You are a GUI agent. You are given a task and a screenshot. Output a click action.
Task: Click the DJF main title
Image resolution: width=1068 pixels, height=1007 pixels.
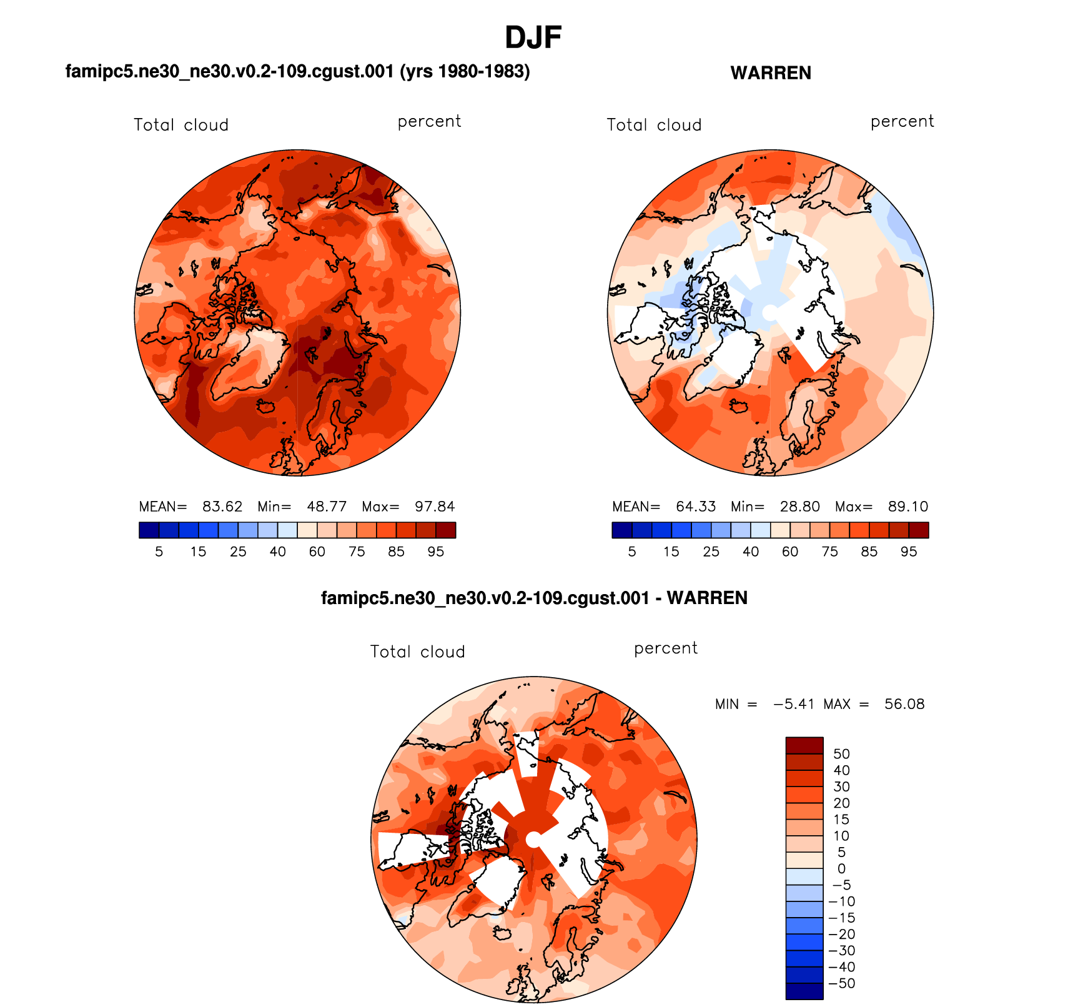click(x=533, y=38)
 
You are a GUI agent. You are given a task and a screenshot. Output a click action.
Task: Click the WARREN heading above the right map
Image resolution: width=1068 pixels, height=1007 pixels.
click(x=771, y=73)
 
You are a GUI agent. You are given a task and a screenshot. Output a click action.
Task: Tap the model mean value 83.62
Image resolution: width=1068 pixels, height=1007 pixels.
click(x=222, y=507)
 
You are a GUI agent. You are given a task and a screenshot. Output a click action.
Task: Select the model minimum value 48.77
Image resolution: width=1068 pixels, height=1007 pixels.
click(x=327, y=507)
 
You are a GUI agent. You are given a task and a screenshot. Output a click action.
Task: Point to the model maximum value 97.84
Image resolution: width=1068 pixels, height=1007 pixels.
click(x=435, y=507)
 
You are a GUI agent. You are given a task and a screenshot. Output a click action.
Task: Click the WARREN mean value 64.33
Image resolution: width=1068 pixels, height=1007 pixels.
click(x=695, y=507)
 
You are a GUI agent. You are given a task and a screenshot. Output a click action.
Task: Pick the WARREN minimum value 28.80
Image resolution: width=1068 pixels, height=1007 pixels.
click(x=799, y=507)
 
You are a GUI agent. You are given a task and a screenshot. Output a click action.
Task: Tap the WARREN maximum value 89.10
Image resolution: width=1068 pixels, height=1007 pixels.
click(x=908, y=507)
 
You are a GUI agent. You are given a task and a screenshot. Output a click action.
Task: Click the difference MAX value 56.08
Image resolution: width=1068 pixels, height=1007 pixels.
click(x=904, y=704)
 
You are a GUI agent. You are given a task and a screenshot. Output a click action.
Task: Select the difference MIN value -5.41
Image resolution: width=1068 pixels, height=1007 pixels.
click(x=794, y=704)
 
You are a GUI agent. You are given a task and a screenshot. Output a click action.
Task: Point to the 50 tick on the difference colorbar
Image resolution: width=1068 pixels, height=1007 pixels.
click(x=841, y=754)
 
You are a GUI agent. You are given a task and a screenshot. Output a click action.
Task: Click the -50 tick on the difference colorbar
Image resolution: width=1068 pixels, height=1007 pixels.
click(x=841, y=983)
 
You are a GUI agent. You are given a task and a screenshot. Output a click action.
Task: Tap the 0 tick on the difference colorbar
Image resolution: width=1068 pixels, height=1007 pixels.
click(x=841, y=868)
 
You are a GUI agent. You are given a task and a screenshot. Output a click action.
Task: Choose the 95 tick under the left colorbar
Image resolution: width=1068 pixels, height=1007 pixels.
click(x=435, y=552)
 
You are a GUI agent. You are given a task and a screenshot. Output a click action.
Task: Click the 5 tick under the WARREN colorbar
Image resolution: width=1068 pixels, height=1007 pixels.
click(x=632, y=552)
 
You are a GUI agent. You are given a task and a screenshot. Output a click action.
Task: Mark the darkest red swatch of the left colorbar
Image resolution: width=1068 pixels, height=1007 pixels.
click(x=445, y=530)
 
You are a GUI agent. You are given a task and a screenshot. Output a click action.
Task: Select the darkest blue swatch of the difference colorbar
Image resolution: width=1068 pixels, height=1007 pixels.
click(x=804, y=991)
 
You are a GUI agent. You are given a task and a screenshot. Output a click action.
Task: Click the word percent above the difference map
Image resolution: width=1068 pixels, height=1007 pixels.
click(x=665, y=648)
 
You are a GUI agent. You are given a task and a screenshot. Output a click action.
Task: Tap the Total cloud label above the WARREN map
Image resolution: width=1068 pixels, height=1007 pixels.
click(x=654, y=125)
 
